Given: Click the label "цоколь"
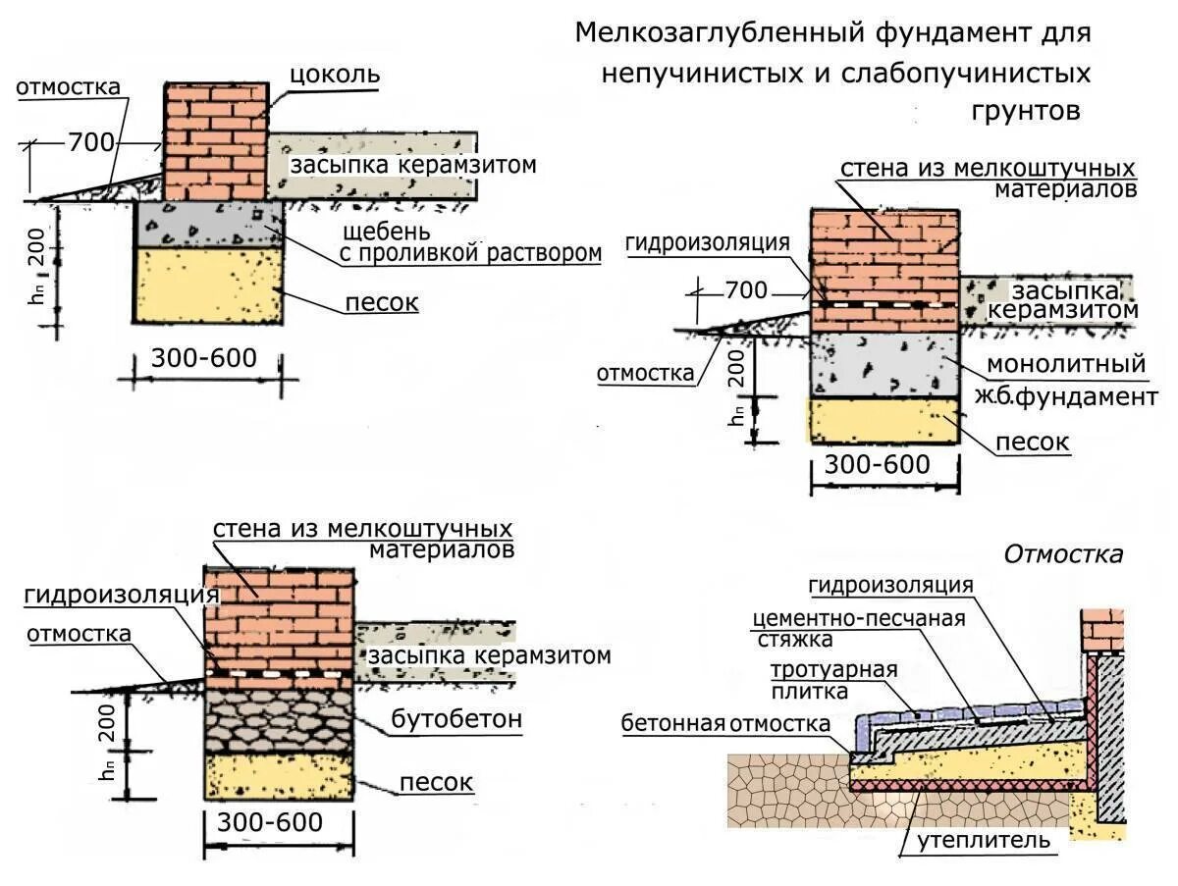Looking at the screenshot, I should [x=334, y=76].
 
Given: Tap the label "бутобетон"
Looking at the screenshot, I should [x=456, y=719].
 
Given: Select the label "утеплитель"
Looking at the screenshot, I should [x=985, y=840].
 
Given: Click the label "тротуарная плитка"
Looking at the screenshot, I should [x=833, y=680].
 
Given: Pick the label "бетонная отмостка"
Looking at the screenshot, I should [x=724, y=724].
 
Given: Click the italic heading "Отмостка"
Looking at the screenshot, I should [x=1062, y=554].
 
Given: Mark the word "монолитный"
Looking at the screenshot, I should [x=1066, y=363].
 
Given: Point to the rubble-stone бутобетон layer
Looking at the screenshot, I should [x=278, y=720].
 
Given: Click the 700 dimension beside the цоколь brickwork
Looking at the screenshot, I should [x=91, y=142].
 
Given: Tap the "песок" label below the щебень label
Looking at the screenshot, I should [x=381, y=302].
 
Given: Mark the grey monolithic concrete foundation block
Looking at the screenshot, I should [x=883, y=364].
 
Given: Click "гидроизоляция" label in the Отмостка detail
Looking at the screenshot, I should [x=890, y=586].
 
